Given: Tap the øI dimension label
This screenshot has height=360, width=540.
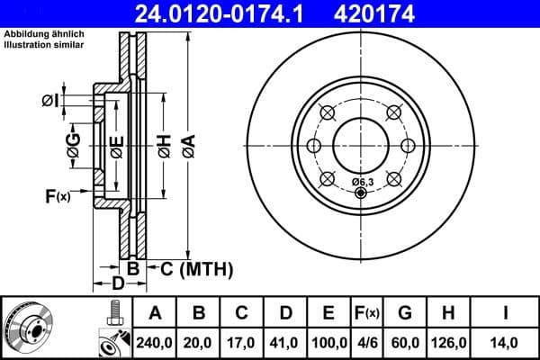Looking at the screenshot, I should click(50, 100).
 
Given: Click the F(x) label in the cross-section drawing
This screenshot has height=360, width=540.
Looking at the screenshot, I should click(57, 195).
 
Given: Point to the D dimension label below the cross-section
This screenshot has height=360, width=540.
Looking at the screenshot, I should click(118, 285).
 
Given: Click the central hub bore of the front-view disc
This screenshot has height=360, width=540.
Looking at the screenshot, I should click(360, 144).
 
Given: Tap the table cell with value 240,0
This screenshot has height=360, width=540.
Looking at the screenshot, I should click(155, 341).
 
